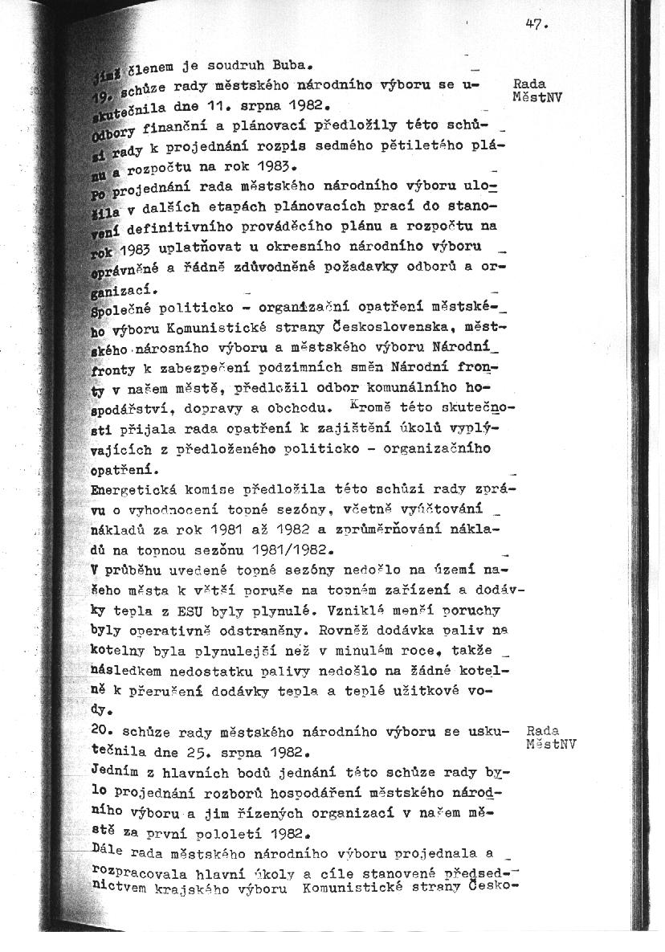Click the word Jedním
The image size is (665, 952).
(112, 772)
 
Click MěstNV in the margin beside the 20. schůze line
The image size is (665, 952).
(552, 743)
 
